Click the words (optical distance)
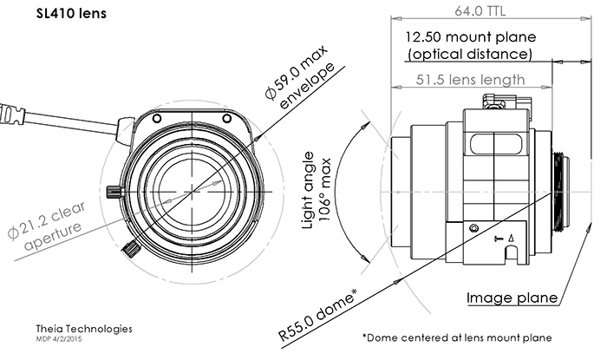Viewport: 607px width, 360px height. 469,54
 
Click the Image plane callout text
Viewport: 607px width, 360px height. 512,298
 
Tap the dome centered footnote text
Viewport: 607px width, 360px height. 456,337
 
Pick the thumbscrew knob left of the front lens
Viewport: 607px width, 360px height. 110,192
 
